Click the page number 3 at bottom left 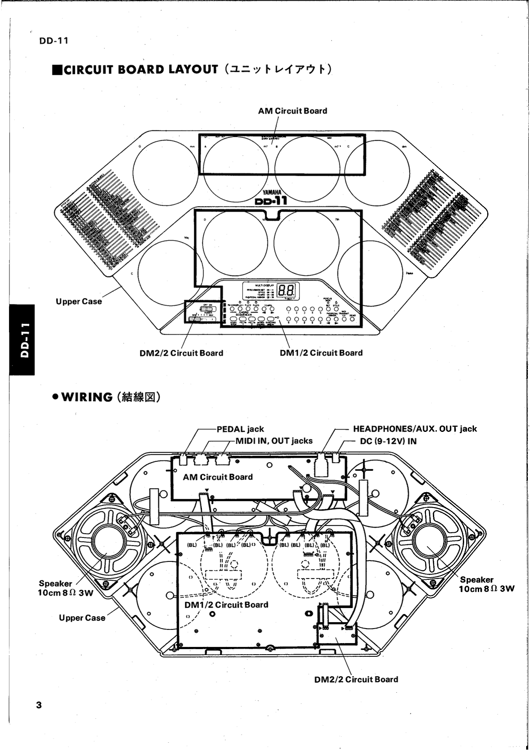pyautogui.click(x=39, y=705)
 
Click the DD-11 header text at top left pyautogui.click(x=53, y=41)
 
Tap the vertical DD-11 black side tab pyautogui.click(x=22, y=340)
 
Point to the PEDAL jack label pyautogui.click(x=240, y=429)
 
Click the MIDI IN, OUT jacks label pyautogui.click(x=274, y=441)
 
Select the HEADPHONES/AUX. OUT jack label pyautogui.click(x=415, y=429)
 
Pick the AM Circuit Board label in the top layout pyautogui.click(x=292, y=111)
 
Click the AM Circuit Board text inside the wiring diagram pyautogui.click(x=218, y=477)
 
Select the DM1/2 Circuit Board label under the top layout pyautogui.click(x=321, y=353)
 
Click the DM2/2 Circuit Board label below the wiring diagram pyautogui.click(x=356, y=679)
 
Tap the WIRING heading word pyautogui.click(x=87, y=397)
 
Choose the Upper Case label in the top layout pyautogui.click(x=79, y=301)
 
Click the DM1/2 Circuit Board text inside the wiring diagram pyautogui.click(x=226, y=605)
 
